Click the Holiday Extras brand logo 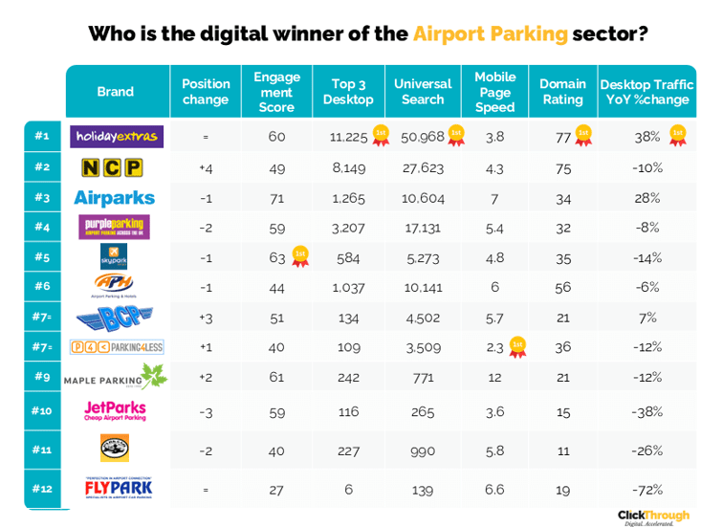point(117,137)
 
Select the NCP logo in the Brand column point(112,168)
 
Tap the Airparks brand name point(114,198)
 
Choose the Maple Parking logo point(116,379)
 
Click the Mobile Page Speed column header point(494,92)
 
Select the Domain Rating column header point(562,92)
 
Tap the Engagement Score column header point(276,92)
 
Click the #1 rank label point(41,136)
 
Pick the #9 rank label point(41,377)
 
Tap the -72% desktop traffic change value point(647,489)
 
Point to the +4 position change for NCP point(206,167)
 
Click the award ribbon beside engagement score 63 point(299,255)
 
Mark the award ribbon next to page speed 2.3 point(517,345)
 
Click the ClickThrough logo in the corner point(655,516)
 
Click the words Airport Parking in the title point(490,34)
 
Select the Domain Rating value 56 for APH point(562,286)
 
